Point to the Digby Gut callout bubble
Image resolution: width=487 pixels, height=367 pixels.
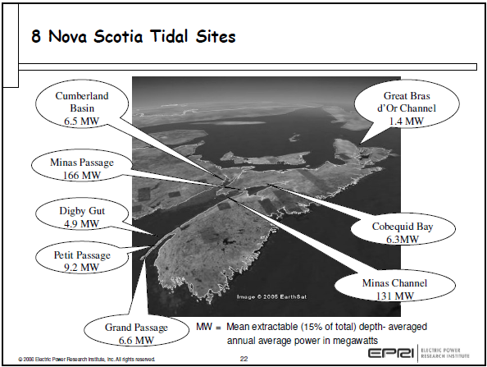click(80, 217)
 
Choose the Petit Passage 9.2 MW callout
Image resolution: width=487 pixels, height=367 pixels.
click(80, 260)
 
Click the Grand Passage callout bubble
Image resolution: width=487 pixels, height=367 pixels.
click(136, 333)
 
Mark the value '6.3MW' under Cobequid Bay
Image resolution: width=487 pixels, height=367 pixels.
click(402, 239)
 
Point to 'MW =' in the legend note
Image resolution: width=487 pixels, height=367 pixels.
click(207, 327)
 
